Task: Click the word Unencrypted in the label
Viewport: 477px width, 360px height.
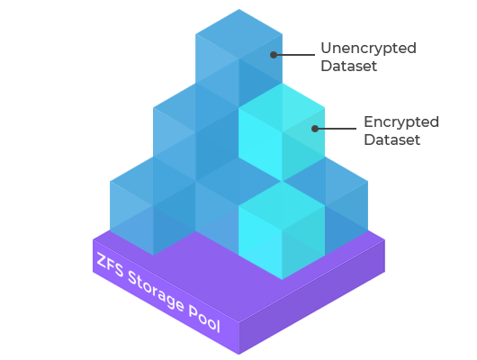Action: click(x=368, y=49)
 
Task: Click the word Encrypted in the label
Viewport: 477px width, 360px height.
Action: click(x=401, y=122)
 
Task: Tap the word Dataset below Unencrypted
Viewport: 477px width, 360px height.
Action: click(x=349, y=66)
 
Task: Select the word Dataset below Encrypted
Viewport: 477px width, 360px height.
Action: click(x=392, y=139)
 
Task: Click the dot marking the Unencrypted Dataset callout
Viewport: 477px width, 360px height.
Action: click(x=274, y=55)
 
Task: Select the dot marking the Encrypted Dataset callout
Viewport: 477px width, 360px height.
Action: click(x=315, y=129)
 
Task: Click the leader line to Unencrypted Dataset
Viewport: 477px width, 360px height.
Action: click(x=294, y=55)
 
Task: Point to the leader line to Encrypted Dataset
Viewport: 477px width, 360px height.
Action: click(x=336, y=129)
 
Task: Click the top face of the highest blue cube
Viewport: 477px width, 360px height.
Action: click(x=238, y=34)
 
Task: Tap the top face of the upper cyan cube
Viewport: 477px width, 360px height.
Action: click(x=282, y=108)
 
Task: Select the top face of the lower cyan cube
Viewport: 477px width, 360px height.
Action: click(x=282, y=206)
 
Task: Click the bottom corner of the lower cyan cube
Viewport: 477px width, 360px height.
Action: click(x=282, y=280)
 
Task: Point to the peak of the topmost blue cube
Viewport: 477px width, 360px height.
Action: click(x=238, y=9)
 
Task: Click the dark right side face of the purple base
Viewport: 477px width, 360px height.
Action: click(x=312, y=297)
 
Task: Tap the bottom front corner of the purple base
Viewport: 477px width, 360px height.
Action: click(x=238, y=355)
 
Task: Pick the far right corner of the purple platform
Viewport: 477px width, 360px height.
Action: click(x=385, y=239)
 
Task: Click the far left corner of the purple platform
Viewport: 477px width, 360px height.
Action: click(x=93, y=239)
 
